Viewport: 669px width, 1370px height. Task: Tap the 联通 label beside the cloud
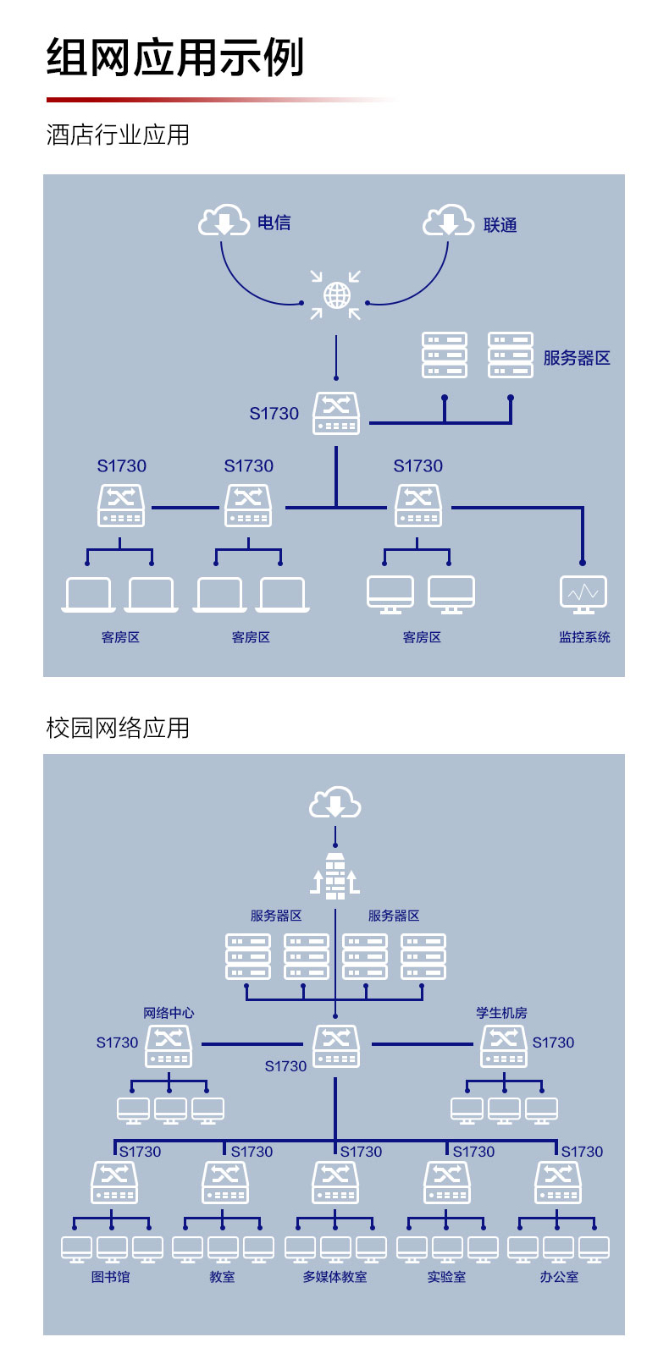500,225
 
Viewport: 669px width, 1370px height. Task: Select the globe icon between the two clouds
336,295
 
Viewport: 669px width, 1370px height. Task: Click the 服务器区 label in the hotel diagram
577,358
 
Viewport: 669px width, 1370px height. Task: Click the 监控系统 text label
584,637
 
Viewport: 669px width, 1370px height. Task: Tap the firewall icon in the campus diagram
334,876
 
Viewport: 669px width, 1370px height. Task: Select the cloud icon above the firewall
334,802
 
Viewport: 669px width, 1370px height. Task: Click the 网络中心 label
169,1013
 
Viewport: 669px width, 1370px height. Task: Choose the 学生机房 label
502,1013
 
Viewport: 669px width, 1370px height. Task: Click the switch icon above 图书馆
114,1182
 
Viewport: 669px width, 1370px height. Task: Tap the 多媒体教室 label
334,1277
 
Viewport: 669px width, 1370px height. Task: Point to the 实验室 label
447,1277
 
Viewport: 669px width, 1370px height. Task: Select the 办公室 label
559,1277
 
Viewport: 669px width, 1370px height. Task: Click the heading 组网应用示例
175,57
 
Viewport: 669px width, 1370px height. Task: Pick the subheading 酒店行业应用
118,135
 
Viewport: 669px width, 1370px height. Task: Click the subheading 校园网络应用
118,728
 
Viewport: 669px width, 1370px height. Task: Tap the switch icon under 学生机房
504,1047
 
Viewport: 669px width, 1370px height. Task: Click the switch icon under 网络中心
169,1047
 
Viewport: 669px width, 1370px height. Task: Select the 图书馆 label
111,1277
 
